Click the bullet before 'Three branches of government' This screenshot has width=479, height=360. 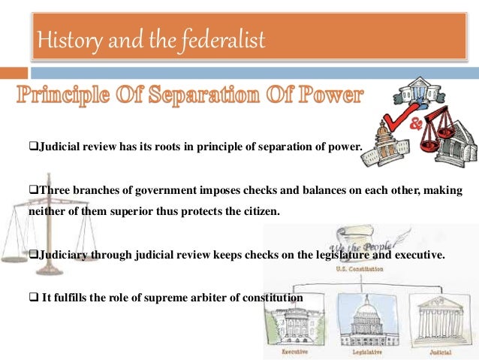(x=33, y=192)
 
